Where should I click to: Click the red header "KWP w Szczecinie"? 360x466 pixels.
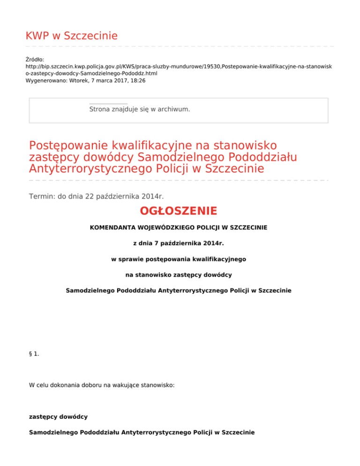coord(71,36)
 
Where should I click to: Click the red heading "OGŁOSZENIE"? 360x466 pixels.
coord(179,211)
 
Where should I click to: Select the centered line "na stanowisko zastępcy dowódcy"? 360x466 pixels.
coord(179,275)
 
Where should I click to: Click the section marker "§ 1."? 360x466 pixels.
coord(34,354)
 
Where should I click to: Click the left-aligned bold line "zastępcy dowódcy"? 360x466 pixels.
coord(58,416)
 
